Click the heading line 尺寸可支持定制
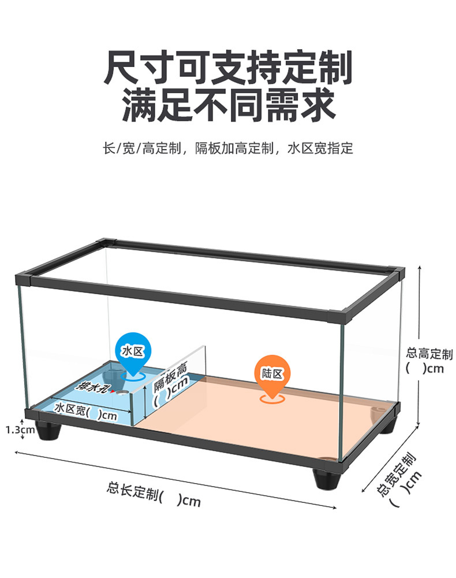[x=228, y=68]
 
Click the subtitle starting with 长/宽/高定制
[x=228, y=149]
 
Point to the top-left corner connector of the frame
[x=24, y=281]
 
